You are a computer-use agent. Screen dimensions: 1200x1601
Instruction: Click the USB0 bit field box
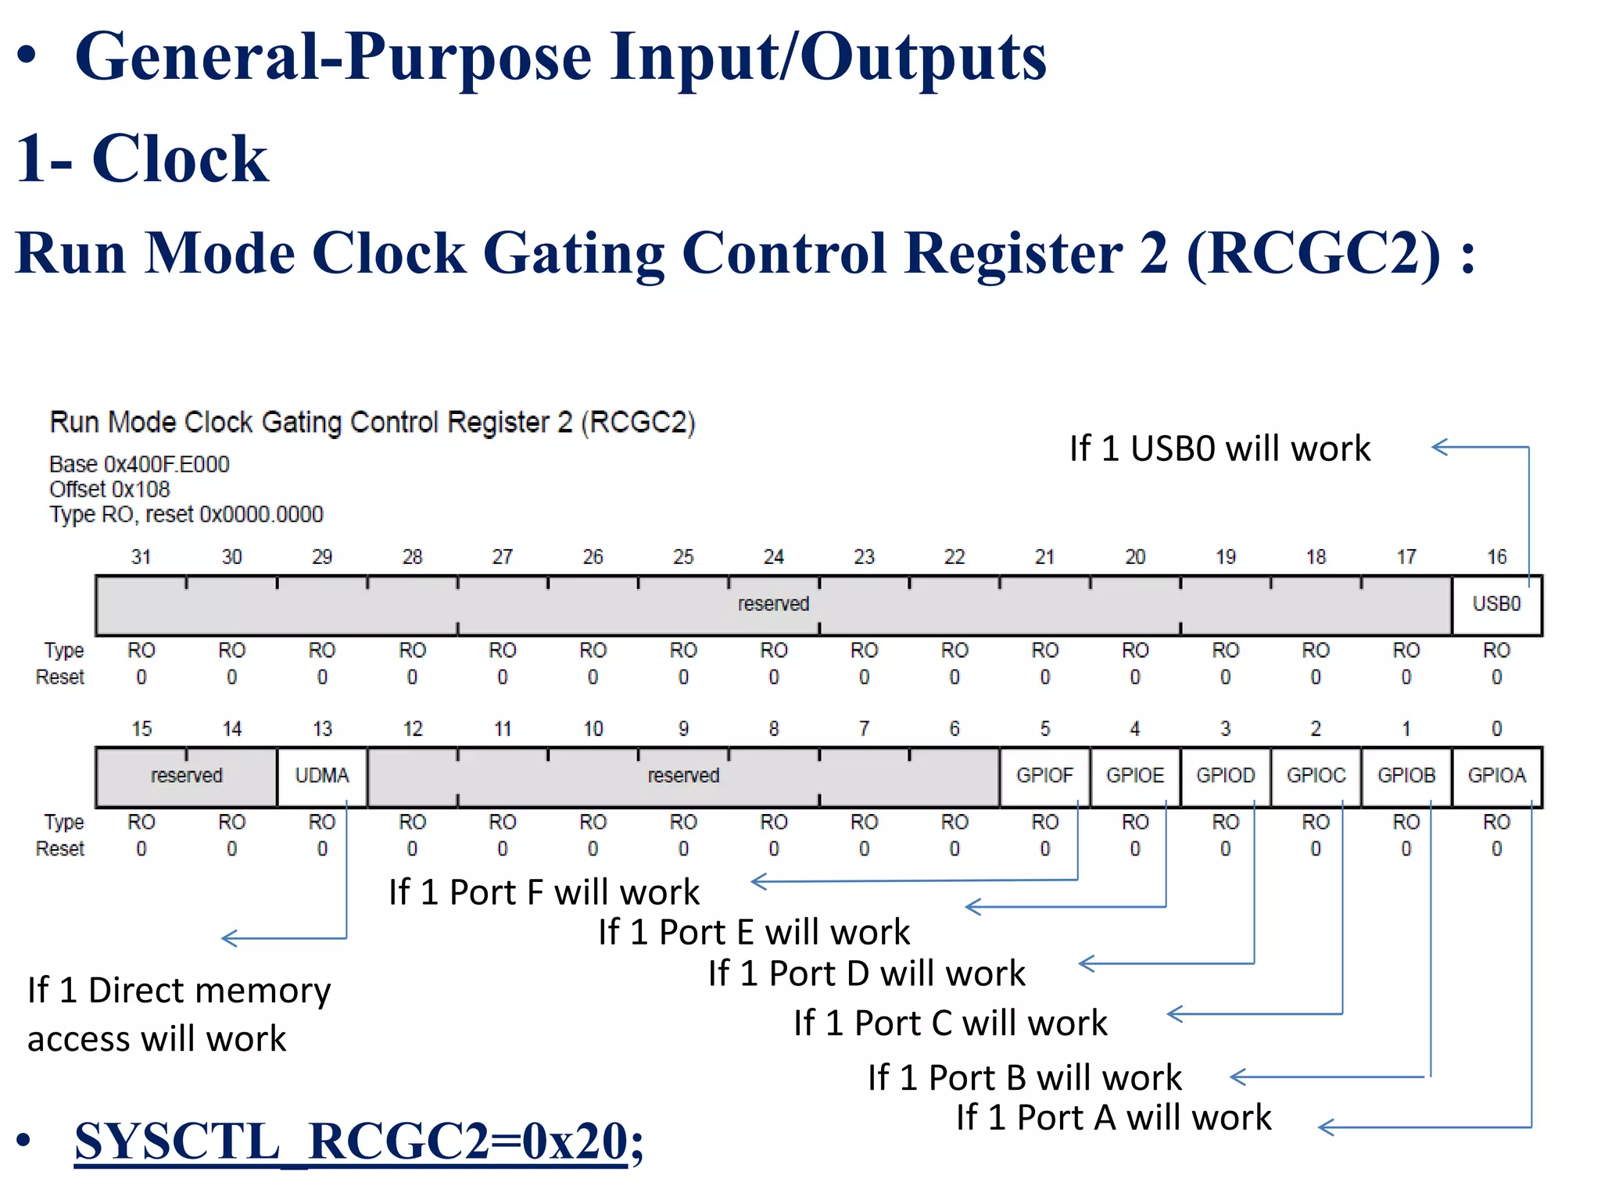tap(1496, 604)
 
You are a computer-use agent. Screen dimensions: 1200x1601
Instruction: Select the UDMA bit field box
tap(321, 776)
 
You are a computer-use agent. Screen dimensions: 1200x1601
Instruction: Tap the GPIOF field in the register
tap(1044, 776)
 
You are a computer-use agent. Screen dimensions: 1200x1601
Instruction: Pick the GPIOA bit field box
tap(1496, 776)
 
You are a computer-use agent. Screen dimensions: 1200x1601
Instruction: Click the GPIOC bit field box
tap(1316, 776)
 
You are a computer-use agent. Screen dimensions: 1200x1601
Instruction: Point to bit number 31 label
tap(141, 557)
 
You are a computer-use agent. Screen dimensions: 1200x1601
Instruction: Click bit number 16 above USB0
tap(1496, 557)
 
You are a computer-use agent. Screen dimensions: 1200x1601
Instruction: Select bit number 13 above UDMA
tap(322, 729)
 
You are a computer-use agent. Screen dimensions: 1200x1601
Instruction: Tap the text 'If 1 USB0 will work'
tap(1220, 449)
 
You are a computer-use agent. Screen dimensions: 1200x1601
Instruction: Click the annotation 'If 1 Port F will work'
tap(544, 892)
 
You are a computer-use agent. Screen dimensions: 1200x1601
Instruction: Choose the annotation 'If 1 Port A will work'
tap(1113, 1117)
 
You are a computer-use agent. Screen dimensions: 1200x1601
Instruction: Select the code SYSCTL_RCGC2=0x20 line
tap(358, 1141)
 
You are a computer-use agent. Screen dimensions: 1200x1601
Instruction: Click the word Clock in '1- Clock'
tap(180, 159)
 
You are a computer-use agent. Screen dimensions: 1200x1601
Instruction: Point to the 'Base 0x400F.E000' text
tap(139, 464)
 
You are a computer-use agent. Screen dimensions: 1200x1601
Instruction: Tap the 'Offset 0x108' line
tap(109, 490)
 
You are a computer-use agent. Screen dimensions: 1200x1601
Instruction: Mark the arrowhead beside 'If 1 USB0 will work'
tap(1438, 447)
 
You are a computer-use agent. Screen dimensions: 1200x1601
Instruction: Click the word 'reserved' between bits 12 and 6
tap(683, 776)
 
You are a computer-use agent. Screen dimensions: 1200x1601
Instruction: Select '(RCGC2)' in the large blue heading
tap(1313, 254)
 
